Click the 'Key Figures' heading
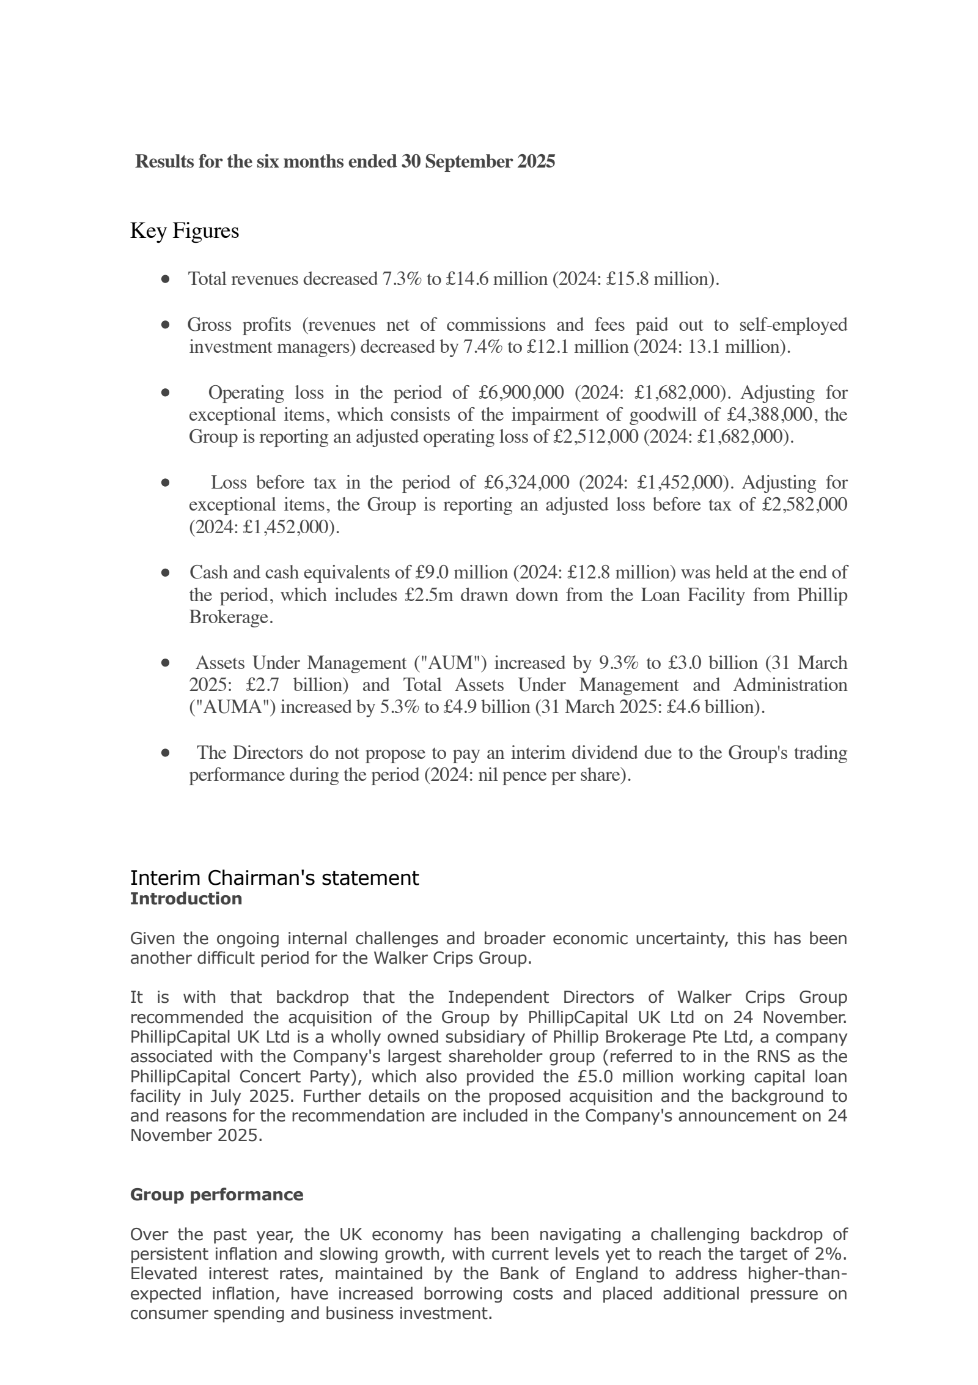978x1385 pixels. coord(184,231)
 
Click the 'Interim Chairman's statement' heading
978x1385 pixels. coord(274,878)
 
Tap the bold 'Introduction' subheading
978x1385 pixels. coord(186,899)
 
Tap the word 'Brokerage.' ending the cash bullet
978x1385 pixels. coord(231,618)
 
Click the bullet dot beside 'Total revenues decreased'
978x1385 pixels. coord(165,279)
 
